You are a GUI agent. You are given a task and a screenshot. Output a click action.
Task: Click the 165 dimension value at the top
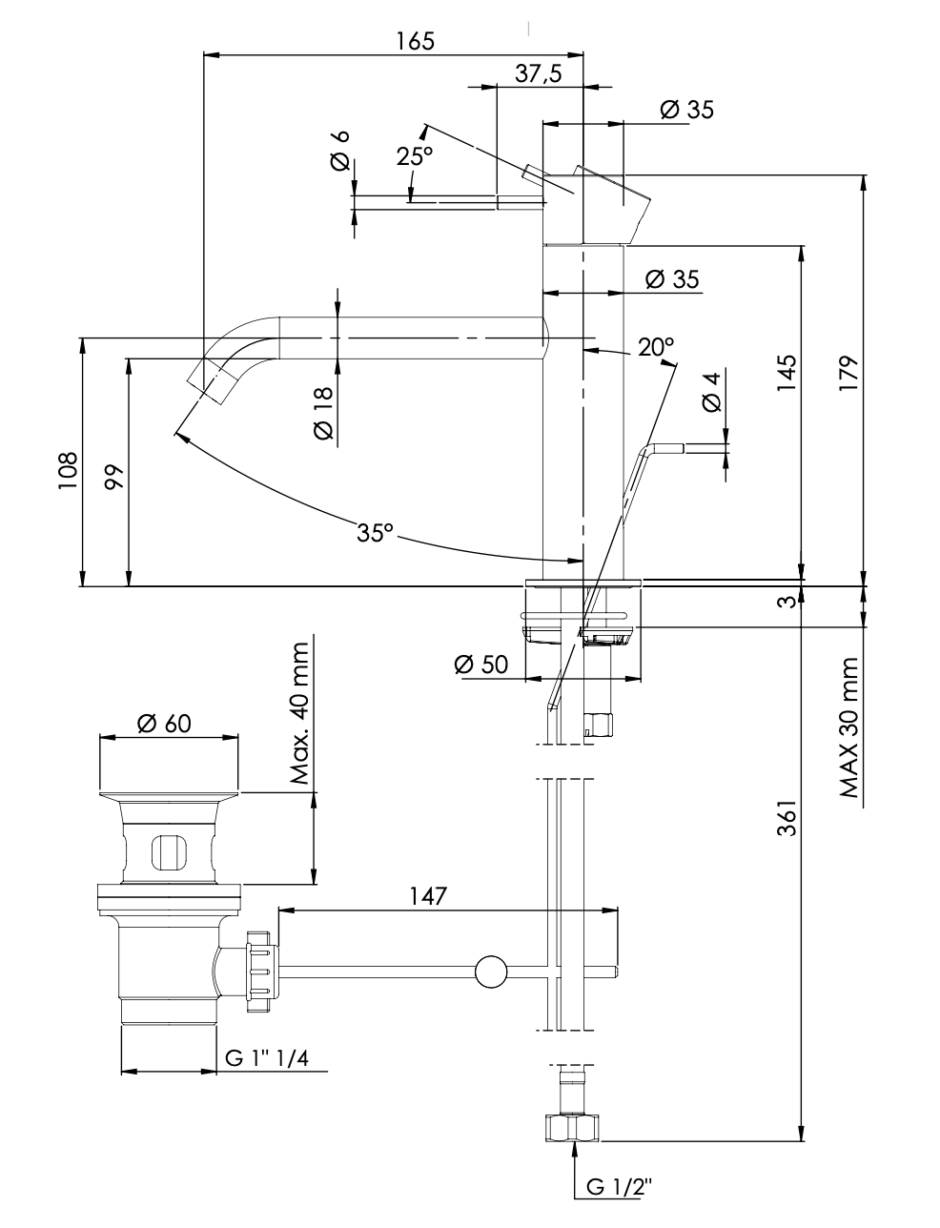click(415, 41)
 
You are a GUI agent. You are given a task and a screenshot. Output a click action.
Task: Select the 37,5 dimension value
click(539, 74)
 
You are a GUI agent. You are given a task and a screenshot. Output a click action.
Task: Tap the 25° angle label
click(415, 156)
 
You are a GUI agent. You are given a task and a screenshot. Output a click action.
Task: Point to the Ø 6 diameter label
click(340, 151)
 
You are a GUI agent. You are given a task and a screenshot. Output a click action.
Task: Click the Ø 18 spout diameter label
click(323, 413)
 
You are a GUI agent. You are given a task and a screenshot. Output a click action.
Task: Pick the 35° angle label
click(375, 533)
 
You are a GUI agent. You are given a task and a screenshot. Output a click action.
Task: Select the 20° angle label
click(656, 347)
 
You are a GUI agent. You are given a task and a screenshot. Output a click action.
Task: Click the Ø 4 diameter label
click(711, 391)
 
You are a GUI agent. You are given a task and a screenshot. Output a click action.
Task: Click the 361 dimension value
click(786, 818)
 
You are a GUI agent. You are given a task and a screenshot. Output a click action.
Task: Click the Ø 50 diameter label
click(481, 665)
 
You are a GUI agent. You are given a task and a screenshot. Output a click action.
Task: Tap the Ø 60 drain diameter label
click(164, 724)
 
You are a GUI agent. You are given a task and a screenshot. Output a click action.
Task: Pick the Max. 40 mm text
click(301, 714)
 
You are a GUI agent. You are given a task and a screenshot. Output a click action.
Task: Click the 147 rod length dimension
click(428, 896)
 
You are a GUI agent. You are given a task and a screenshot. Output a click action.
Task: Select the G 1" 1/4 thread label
click(272, 1058)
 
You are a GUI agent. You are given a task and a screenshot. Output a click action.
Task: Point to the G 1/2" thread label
click(619, 1187)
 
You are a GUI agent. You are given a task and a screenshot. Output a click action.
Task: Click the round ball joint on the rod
click(492, 972)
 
